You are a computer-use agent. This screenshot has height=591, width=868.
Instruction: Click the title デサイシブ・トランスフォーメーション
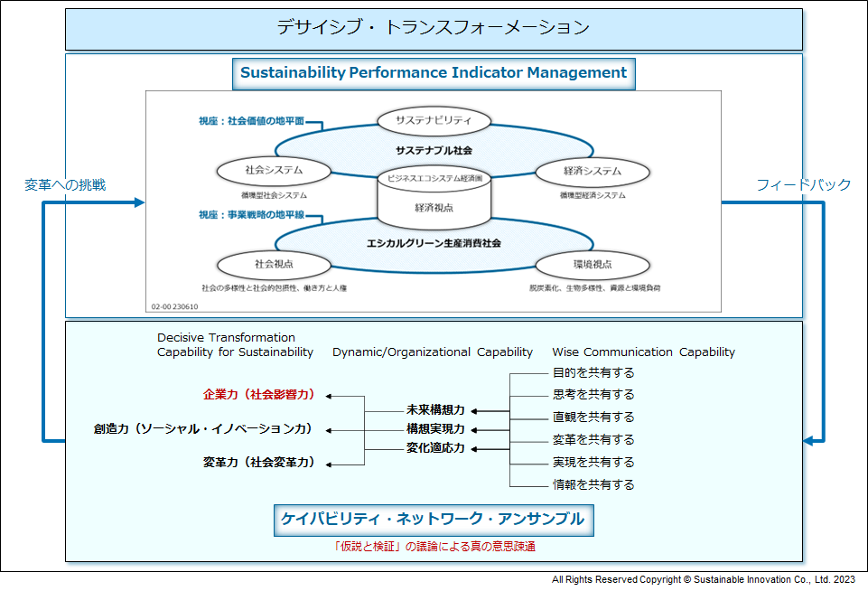[x=434, y=27]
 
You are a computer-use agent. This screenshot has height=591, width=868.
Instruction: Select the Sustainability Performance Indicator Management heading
[x=434, y=73]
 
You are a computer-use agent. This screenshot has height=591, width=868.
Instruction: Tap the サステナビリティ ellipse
[x=434, y=121]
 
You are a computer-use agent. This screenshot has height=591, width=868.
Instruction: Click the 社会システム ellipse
[x=274, y=171]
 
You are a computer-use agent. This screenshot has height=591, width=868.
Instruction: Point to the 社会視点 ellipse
[x=274, y=265]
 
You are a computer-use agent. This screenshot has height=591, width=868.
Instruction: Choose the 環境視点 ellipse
[x=593, y=265]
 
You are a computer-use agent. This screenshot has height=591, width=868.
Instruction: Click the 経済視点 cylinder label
[x=434, y=208]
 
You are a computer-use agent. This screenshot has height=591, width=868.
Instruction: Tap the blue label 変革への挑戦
[x=65, y=185]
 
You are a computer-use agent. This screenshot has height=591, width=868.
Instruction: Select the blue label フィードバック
[x=803, y=185]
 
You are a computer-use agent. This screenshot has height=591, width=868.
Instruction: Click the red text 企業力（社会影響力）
[x=259, y=394]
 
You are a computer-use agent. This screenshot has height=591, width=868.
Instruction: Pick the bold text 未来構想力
[x=435, y=410]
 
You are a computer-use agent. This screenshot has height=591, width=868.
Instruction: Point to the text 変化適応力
[x=435, y=447]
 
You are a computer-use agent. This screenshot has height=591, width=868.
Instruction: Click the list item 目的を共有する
[x=593, y=373]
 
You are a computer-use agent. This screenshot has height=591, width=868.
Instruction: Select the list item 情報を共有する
[x=593, y=484]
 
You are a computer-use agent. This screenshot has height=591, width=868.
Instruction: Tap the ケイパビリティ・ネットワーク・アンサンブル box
[x=434, y=520]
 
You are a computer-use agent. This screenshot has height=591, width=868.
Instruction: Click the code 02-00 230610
[x=174, y=306]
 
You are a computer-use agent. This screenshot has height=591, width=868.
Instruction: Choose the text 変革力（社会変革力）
[x=259, y=462]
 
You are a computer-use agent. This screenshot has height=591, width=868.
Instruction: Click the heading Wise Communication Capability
[x=644, y=352]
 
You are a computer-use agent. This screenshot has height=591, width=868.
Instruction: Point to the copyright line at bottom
[x=703, y=579]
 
